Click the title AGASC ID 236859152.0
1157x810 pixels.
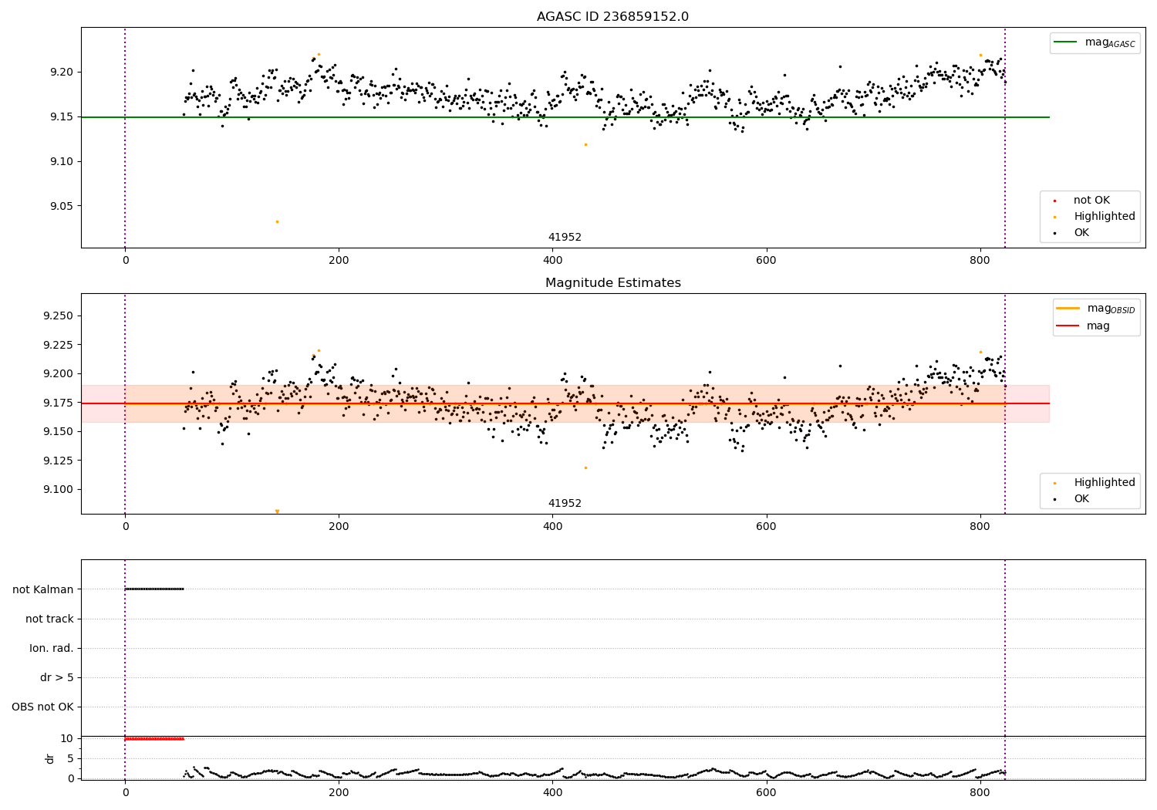[x=612, y=17]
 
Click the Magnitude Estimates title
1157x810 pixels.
[x=612, y=283]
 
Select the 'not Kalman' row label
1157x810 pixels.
[x=43, y=589]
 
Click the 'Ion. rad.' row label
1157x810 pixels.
[x=52, y=648]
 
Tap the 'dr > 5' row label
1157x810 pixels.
[x=57, y=677]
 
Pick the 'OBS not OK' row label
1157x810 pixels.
[x=43, y=707]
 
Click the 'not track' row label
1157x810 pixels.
[x=49, y=619]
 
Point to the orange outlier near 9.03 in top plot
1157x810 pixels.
[x=277, y=221]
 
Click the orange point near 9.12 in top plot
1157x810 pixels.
[x=585, y=144]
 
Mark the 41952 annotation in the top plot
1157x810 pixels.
[x=565, y=238]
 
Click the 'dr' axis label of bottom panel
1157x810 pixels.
[x=50, y=758]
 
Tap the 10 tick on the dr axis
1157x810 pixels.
[x=66, y=738]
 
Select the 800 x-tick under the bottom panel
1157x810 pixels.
[x=980, y=791]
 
